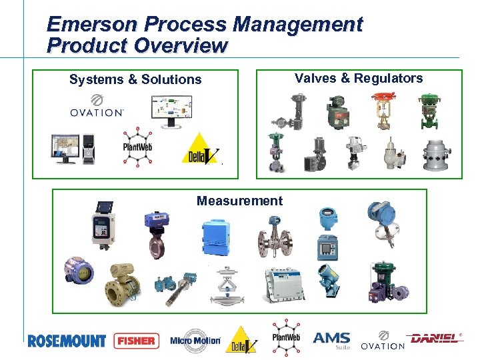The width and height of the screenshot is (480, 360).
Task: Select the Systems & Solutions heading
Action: (x=135, y=80)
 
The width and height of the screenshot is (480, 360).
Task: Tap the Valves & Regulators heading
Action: (x=359, y=79)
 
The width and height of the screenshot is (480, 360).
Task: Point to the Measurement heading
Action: (x=239, y=201)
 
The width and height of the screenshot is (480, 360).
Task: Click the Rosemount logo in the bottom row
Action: (x=67, y=341)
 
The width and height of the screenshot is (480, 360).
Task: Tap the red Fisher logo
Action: (x=137, y=341)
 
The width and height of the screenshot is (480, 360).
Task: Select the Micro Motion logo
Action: (x=195, y=341)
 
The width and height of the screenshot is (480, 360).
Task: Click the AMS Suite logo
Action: (x=331, y=340)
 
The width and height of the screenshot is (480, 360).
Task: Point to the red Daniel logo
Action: (x=436, y=339)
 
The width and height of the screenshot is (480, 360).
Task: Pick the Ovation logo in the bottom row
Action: (x=383, y=341)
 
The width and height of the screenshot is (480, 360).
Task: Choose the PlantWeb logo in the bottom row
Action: (x=285, y=337)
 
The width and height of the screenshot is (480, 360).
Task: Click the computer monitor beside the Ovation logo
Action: (x=171, y=110)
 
